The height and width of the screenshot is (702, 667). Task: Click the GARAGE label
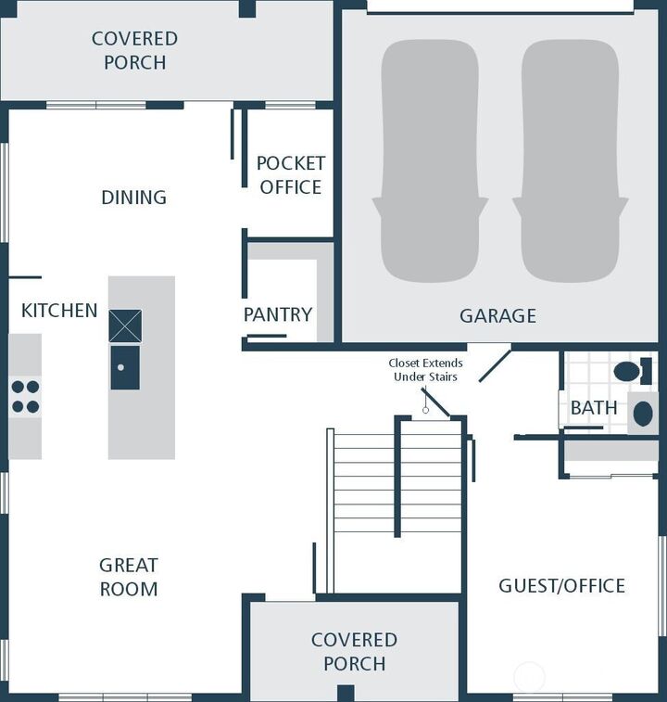click(x=497, y=316)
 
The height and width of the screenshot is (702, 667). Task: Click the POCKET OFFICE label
click(x=291, y=174)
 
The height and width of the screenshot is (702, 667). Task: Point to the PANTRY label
click(x=278, y=314)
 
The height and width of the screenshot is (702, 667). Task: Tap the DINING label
click(x=133, y=198)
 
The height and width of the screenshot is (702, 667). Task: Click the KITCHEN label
click(x=59, y=311)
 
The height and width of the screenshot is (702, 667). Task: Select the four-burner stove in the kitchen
click(x=25, y=397)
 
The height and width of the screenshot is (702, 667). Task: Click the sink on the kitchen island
click(x=125, y=367)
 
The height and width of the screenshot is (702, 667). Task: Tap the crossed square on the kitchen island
click(x=125, y=326)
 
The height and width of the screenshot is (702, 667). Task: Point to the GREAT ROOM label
click(x=129, y=577)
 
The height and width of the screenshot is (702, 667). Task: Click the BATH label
click(x=594, y=408)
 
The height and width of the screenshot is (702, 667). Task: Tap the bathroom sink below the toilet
click(x=642, y=412)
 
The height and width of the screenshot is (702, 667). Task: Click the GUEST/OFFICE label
click(x=561, y=586)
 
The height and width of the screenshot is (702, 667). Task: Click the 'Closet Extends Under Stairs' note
click(x=425, y=370)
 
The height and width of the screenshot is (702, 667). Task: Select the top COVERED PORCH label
click(x=134, y=51)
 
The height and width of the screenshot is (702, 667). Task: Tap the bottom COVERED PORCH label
click(x=354, y=652)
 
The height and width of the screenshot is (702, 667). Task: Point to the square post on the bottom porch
click(x=346, y=693)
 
